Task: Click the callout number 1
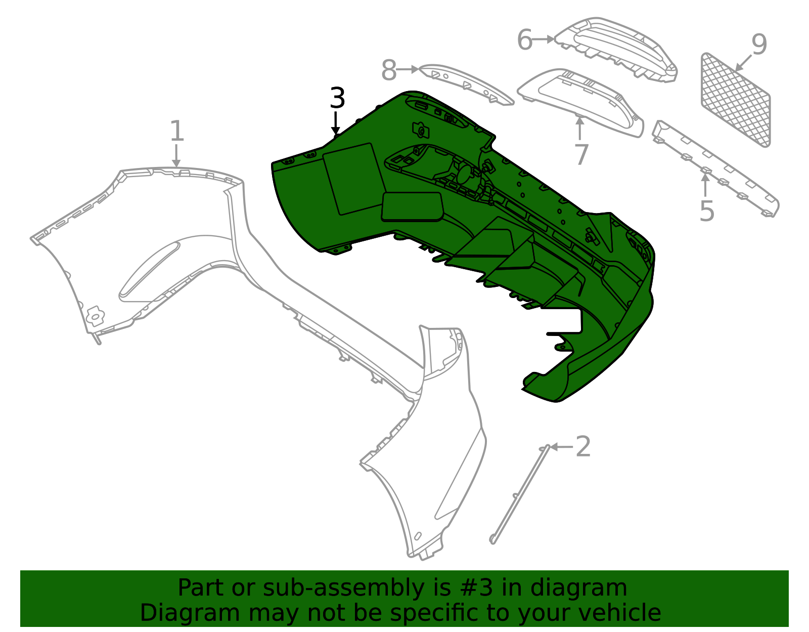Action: (177, 131)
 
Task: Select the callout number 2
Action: (583, 446)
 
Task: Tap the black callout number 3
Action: (337, 98)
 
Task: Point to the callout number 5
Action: (707, 211)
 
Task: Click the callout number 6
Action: (525, 39)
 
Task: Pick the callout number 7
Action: (581, 154)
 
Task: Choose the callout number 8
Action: (389, 70)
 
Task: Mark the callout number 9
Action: (759, 45)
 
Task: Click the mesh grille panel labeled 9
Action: (735, 100)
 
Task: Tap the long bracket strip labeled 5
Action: (715, 168)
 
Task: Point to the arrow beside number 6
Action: (543, 39)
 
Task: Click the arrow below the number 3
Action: (336, 123)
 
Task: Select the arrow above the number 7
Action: (579, 128)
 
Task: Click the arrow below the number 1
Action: (176, 156)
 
